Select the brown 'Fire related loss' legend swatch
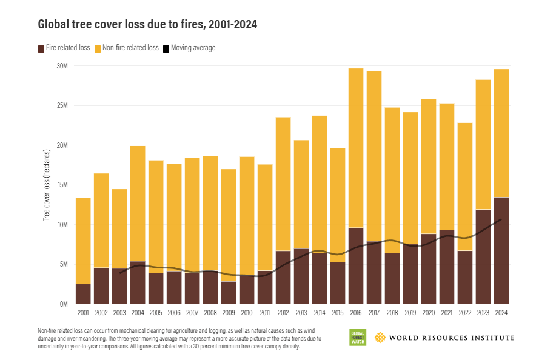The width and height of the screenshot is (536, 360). click(x=41, y=49)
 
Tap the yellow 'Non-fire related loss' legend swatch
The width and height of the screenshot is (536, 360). click(x=98, y=49)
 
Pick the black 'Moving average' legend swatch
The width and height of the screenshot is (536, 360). click(x=166, y=49)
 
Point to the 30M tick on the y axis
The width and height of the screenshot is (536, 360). click(x=62, y=66)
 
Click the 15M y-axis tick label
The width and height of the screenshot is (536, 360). click(x=62, y=185)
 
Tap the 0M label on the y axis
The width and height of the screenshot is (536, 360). click(x=64, y=304)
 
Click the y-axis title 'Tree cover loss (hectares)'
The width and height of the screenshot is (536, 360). click(x=47, y=185)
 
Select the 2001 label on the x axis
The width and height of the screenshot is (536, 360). click(x=83, y=313)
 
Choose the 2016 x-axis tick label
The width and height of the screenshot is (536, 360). click(x=356, y=313)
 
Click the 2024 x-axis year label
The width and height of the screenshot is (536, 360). click(x=501, y=313)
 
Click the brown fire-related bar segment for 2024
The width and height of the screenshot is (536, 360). click(x=501, y=251)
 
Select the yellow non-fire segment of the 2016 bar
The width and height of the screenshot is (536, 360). click(x=356, y=148)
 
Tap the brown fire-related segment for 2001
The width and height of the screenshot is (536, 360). click(x=83, y=294)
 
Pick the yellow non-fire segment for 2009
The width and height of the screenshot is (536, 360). click(x=229, y=225)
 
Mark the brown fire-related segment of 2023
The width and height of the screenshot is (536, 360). click(x=483, y=257)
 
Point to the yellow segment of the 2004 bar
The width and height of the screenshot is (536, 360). click(x=138, y=204)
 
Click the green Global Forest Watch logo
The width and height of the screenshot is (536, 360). click(x=358, y=338)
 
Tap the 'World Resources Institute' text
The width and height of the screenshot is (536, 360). click(x=452, y=338)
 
